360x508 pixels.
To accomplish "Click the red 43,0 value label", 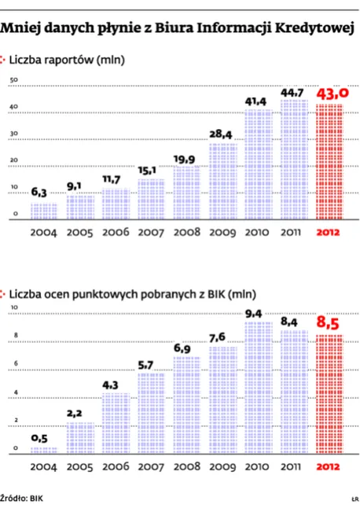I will [330, 94].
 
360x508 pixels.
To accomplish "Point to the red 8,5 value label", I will [330, 322].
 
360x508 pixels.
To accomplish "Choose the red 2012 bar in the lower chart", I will [329, 393].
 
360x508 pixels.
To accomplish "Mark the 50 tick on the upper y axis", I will [13, 80].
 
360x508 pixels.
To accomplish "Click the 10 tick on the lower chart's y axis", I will [13, 306].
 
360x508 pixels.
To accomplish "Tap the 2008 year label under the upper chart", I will [187, 233].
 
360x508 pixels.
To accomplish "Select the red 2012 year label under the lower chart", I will [329, 466].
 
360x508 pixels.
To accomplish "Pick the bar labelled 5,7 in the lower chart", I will [151, 413].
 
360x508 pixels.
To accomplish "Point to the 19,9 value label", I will [187, 160].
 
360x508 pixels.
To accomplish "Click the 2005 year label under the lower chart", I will [80, 466].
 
